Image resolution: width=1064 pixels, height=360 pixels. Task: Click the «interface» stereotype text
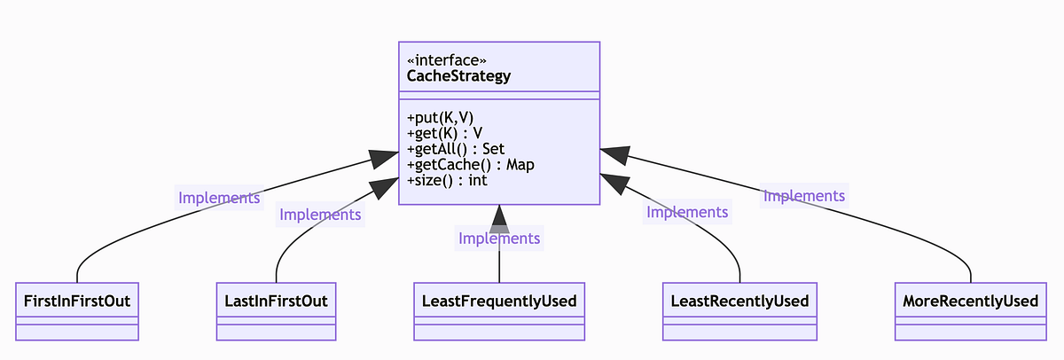(x=447, y=60)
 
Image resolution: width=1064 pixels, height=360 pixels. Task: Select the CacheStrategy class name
(x=458, y=76)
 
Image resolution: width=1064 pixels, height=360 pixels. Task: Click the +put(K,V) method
(x=440, y=118)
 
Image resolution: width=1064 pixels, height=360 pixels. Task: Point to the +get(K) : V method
(x=444, y=134)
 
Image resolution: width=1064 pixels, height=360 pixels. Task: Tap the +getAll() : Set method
(x=455, y=149)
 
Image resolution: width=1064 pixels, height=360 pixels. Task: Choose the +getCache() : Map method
(x=470, y=165)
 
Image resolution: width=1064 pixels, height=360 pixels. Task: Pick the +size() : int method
(x=447, y=181)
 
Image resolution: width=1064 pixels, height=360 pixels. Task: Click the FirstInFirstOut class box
(x=77, y=311)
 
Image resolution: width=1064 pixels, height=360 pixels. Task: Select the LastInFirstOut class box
(x=276, y=311)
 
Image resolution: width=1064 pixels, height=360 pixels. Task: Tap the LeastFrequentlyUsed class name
(x=499, y=301)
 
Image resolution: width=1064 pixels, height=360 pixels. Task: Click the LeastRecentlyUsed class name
(x=739, y=301)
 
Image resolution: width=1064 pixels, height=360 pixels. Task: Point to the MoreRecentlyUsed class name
(x=970, y=301)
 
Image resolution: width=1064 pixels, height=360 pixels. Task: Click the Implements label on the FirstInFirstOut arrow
(x=219, y=198)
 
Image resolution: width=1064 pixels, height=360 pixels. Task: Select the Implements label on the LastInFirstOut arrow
(x=320, y=215)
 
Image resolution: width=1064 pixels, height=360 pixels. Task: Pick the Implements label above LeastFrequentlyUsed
(x=499, y=238)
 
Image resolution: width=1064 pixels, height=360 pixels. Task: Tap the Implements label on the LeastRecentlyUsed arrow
(x=687, y=212)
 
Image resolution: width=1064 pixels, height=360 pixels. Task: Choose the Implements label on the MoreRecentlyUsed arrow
(x=804, y=196)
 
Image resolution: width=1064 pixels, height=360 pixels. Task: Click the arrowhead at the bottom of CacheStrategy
(x=499, y=218)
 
